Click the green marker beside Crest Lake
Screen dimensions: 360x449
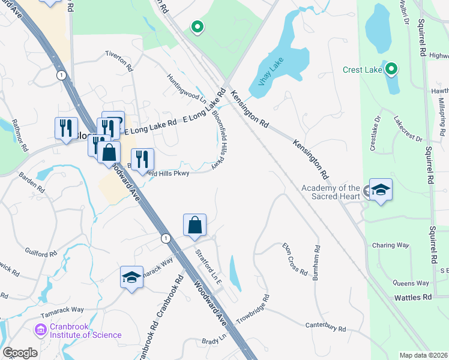tap(391, 70)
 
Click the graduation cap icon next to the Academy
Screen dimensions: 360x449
tap(381, 190)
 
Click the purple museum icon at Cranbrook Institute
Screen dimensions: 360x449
tap(40, 329)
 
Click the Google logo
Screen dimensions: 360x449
tap(20, 353)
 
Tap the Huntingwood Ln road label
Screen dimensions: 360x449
tap(187, 88)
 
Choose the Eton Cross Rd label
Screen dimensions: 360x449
tap(295, 259)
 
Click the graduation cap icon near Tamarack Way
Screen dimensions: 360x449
tap(131, 277)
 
